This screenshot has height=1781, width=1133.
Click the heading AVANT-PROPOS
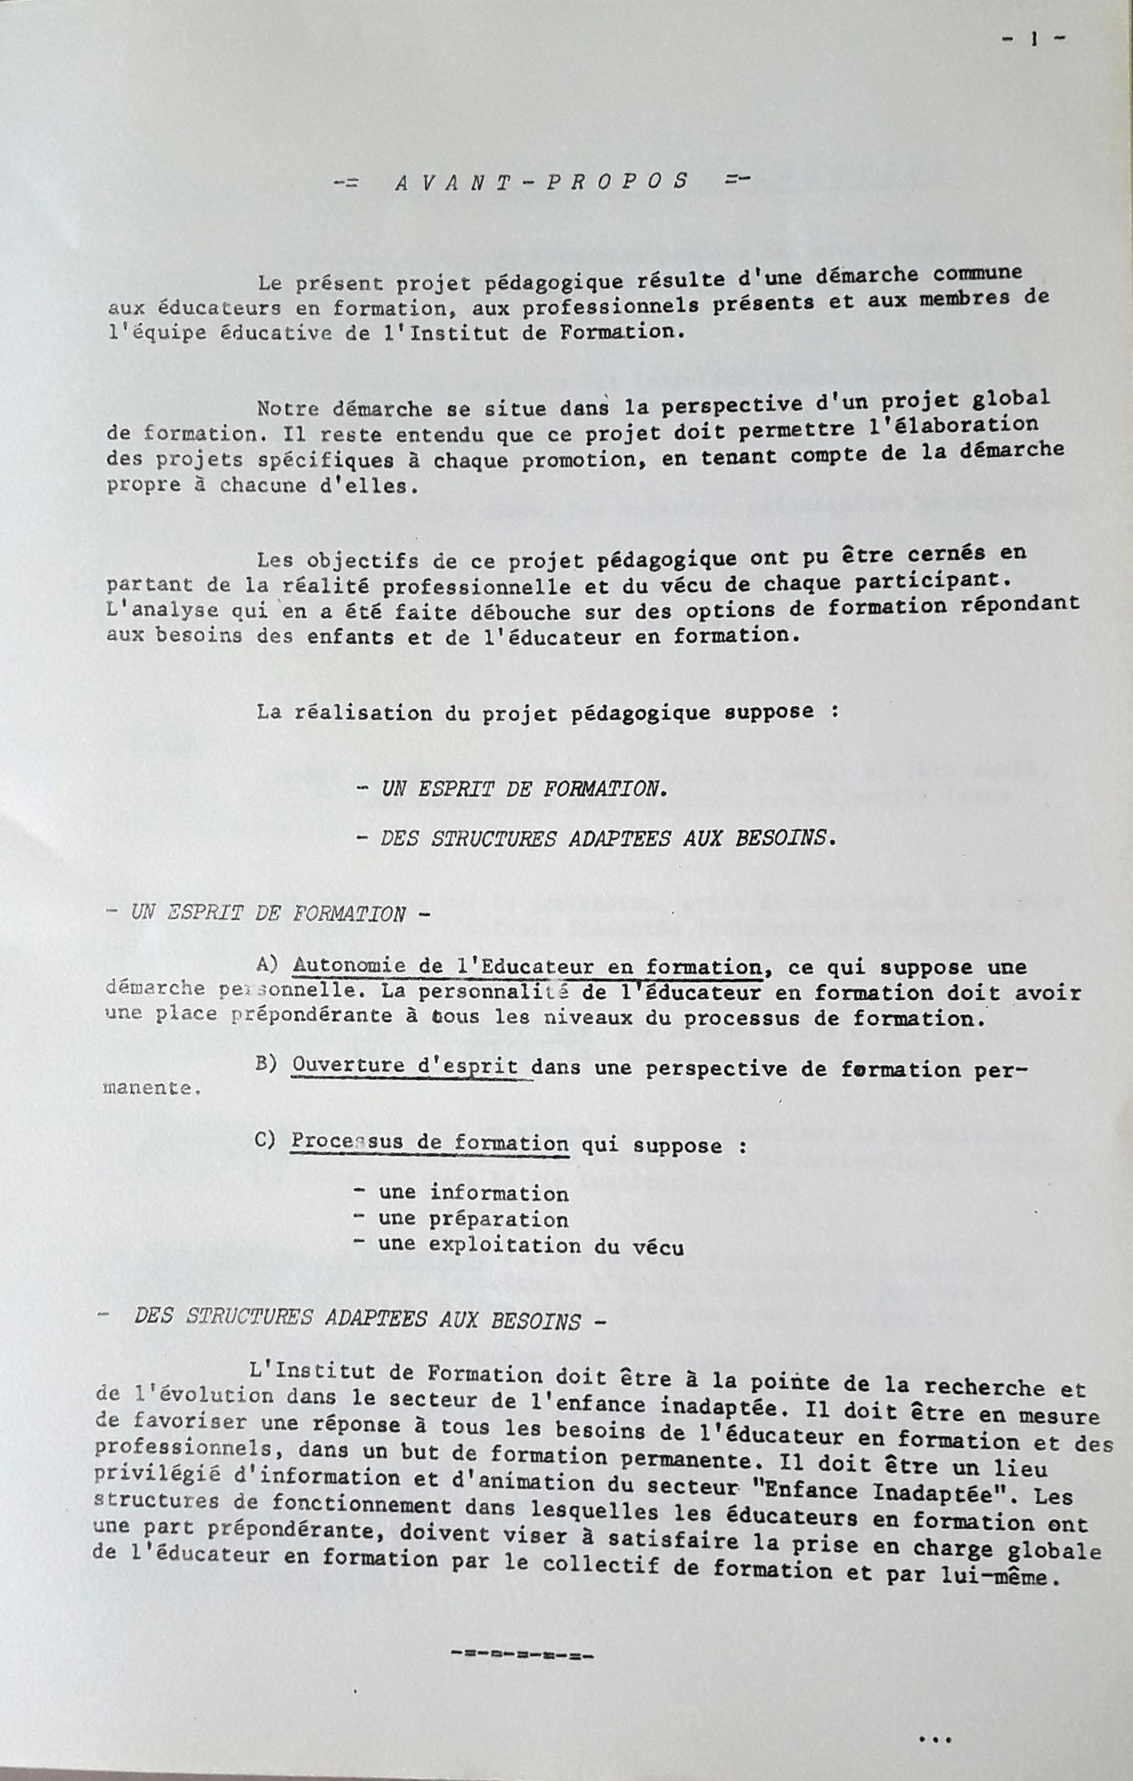(542, 181)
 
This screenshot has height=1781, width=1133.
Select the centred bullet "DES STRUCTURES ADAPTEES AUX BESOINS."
(595, 838)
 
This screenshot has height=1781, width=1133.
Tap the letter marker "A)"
(268, 964)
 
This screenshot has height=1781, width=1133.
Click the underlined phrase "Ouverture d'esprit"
(412, 1067)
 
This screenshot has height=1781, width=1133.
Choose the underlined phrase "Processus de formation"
(430, 1143)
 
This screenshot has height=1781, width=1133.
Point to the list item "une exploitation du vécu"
(518, 1246)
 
